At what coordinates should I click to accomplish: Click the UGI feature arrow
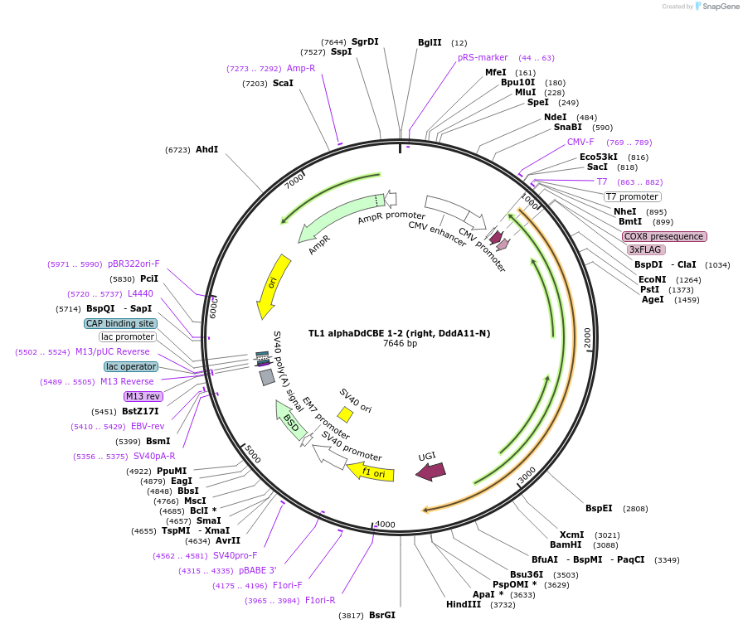click(x=430, y=472)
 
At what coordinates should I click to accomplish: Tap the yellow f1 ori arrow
click(x=366, y=472)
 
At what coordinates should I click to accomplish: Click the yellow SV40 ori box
click(x=345, y=414)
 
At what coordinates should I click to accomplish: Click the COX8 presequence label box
click(x=664, y=236)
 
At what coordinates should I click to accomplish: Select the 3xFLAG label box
click(x=646, y=249)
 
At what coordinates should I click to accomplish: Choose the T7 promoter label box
click(x=632, y=196)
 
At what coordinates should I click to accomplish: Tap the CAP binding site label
click(x=120, y=323)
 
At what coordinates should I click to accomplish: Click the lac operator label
click(x=131, y=366)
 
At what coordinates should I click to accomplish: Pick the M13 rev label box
click(x=143, y=396)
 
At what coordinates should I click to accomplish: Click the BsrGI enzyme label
click(x=382, y=615)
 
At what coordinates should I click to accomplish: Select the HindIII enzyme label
click(x=464, y=604)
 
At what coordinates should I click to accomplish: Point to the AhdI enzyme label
click(x=206, y=150)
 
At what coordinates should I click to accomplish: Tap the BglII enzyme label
click(x=430, y=42)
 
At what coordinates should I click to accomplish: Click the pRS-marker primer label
click(x=483, y=57)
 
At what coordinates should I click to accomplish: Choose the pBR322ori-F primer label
click(x=134, y=264)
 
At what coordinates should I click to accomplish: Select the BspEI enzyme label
click(x=599, y=508)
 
